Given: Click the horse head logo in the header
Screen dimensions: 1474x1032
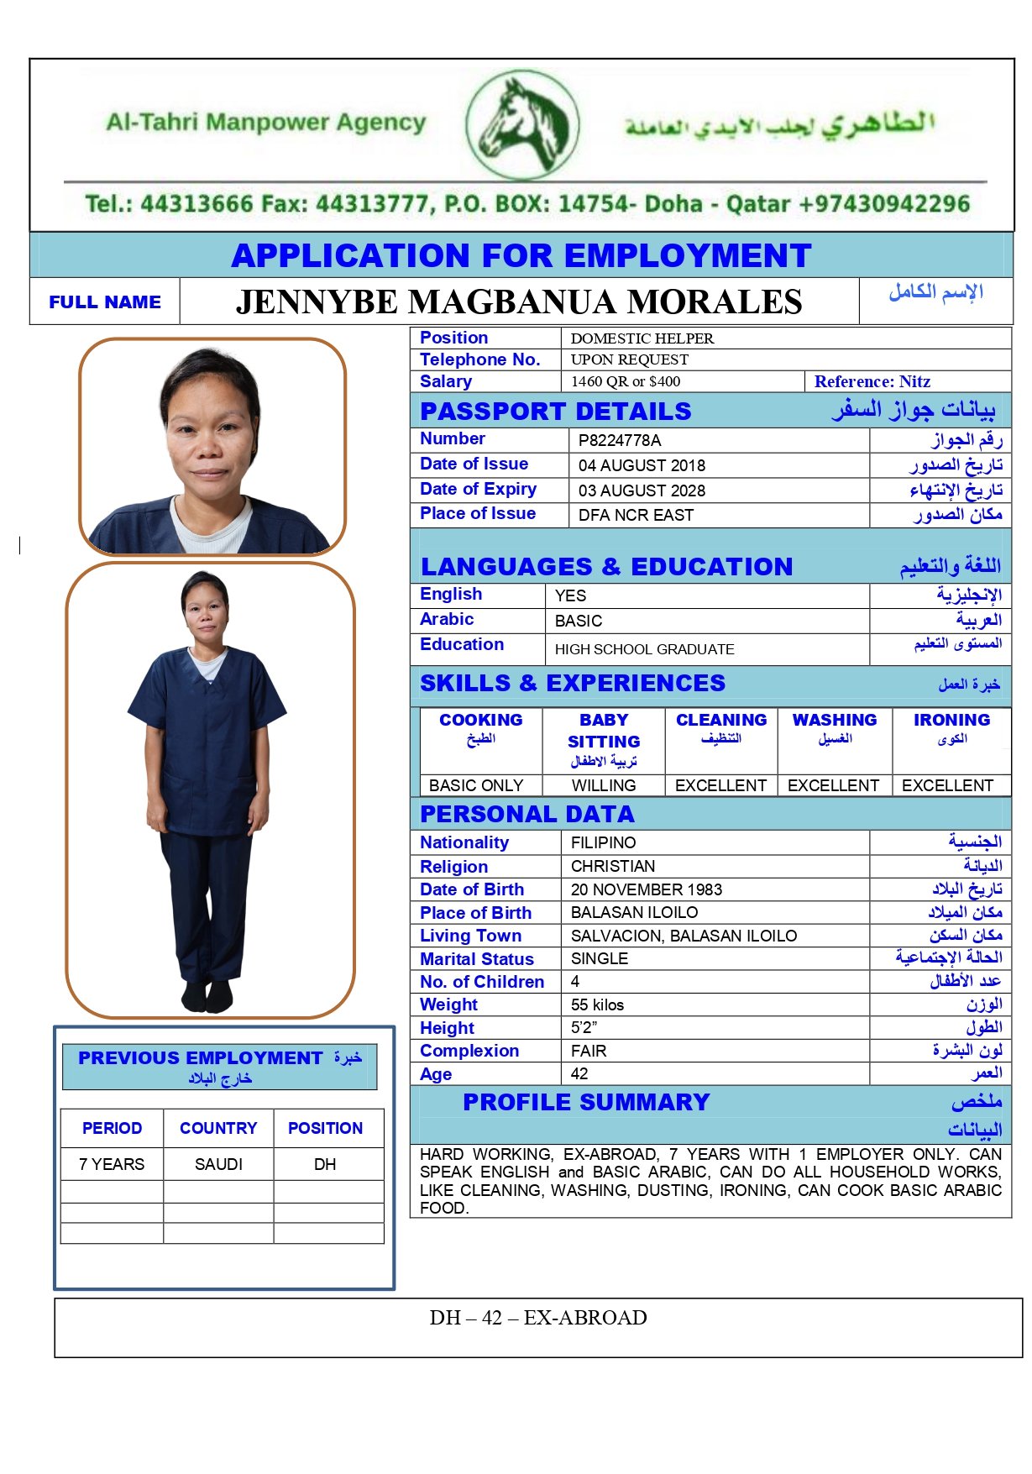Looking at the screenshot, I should click(x=522, y=125).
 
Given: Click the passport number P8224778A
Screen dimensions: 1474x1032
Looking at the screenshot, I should click(x=620, y=440).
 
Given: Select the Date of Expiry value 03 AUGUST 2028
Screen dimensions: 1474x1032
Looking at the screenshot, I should click(x=642, y=490).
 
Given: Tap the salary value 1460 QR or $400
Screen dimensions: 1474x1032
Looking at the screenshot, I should click(x=626, y=381).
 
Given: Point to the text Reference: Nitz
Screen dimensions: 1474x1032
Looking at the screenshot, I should click(x=872, y=381).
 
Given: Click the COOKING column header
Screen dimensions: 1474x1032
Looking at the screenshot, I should click(x=480, y=720).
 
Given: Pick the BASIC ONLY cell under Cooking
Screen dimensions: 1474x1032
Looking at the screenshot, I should click(x=476, y=785).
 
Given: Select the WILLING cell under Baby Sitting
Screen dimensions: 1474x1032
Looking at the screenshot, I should click(x=604, y=785).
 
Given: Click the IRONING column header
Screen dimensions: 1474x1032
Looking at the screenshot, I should click(x=951, y=720).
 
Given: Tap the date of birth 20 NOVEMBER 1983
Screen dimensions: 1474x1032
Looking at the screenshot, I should click(x=646, y=889).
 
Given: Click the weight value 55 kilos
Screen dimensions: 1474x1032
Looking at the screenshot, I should click(x=597, y=1005).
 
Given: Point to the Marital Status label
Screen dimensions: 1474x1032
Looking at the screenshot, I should click(x=477, y=959).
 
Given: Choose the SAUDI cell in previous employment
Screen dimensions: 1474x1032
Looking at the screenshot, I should click(x=218, y=1164).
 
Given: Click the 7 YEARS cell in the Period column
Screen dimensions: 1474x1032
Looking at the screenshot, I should click(x=112, y=1164).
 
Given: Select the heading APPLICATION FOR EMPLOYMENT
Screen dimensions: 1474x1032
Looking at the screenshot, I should click(x=521, y=255).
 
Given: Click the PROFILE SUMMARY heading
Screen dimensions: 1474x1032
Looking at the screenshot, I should click(x=586, y=1102).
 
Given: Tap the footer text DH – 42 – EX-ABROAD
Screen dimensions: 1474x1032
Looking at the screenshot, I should click(x=538, y=1318).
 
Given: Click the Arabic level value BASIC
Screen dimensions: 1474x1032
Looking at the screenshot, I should click(x=579, y=621).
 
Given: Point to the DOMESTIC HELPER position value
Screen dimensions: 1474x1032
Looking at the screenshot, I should click(x=642, y=338).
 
